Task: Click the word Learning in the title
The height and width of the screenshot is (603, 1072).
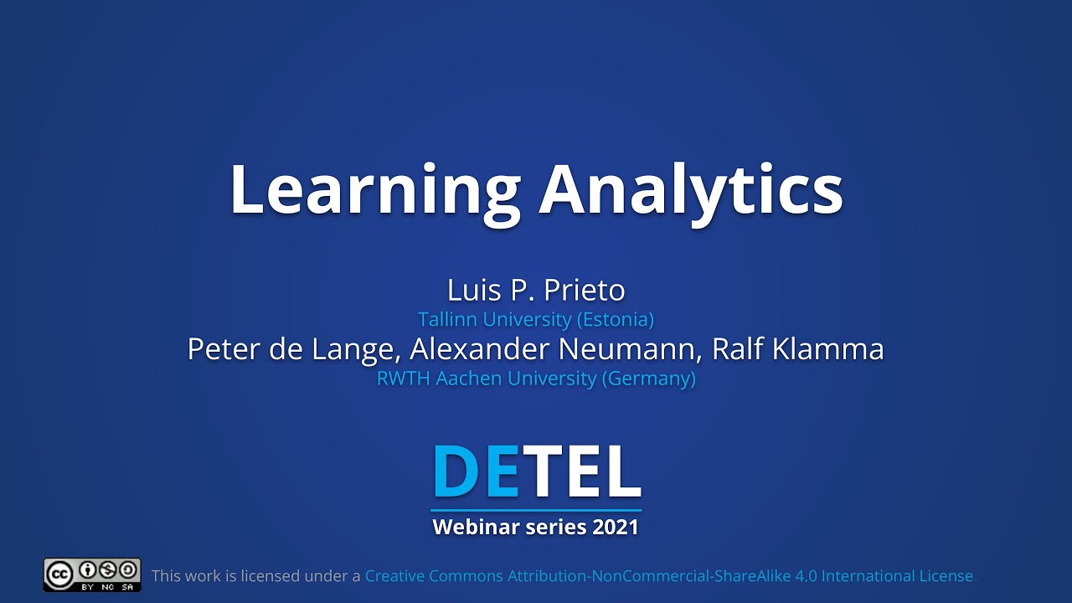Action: [x=374, y=190]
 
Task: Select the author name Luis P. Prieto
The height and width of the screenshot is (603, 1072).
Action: [x=536, y=291]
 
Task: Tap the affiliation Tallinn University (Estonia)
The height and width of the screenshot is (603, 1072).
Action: [x=536, y=319]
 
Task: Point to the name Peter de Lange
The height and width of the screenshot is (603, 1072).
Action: [x=289, y=349]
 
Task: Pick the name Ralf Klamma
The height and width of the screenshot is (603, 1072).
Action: [x=797, y=349]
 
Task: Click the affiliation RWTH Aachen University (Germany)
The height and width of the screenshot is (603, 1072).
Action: [x=536, y=379]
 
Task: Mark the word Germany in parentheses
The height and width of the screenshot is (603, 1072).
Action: [x=651, y=379]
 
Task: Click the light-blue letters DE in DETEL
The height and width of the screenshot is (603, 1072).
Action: [x=475, y=472]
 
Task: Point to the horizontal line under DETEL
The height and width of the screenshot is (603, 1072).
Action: [x=536, y=509]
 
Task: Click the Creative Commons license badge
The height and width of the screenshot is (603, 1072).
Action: [x=92, y=575]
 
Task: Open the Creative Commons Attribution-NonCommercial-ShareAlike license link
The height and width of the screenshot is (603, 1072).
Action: [x=668, y=576]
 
